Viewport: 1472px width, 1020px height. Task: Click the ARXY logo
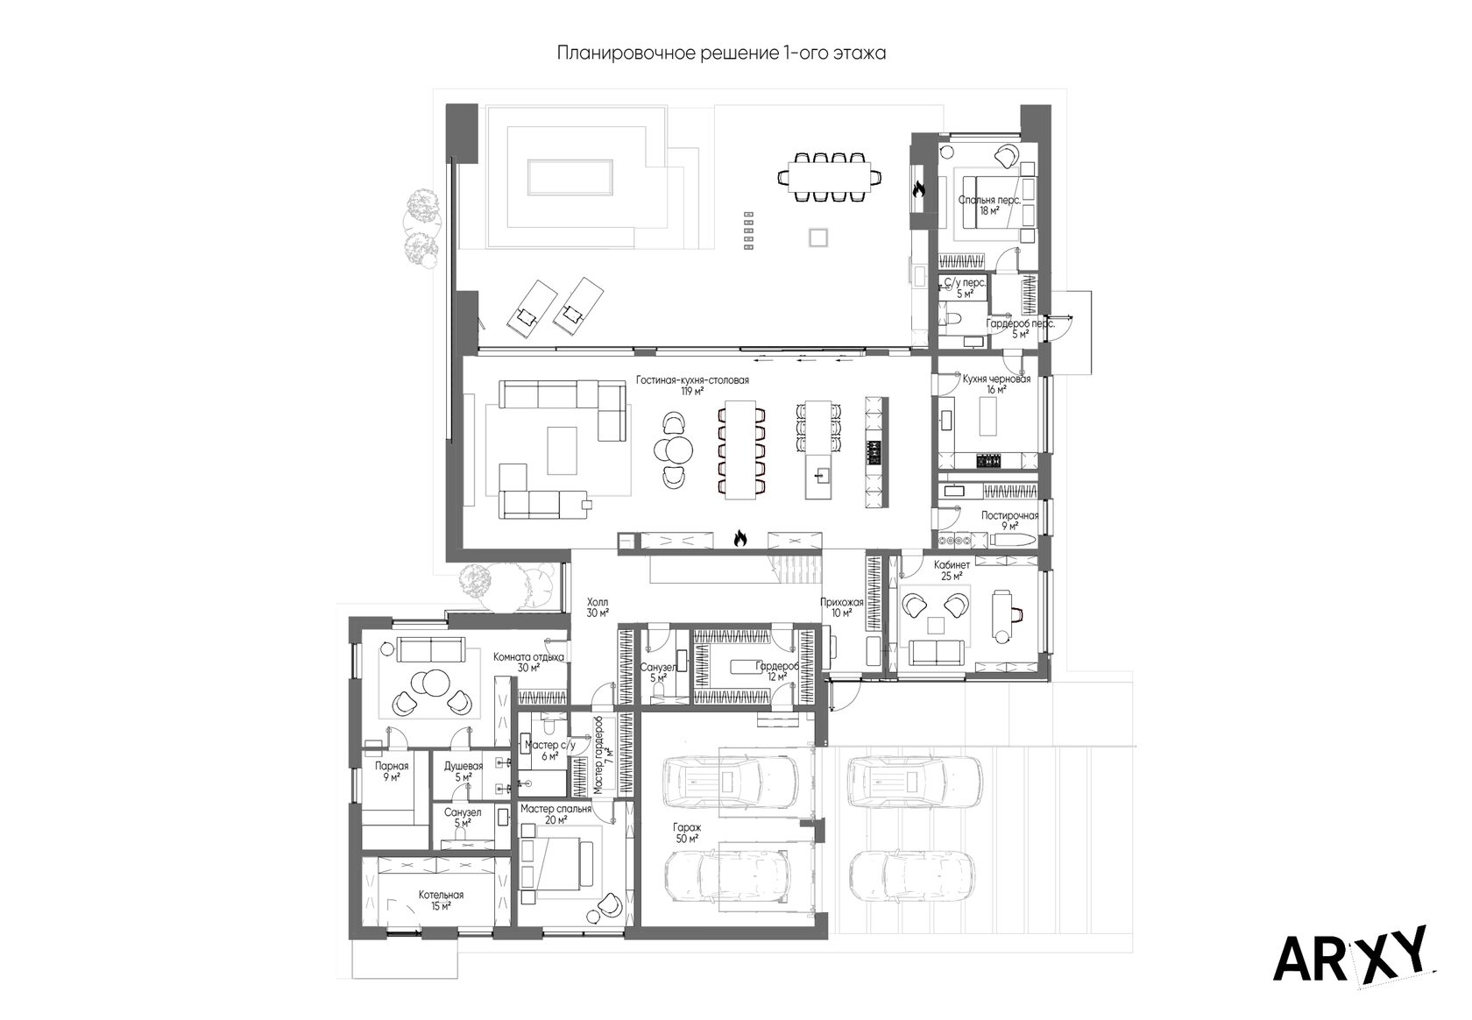click(x=1354, y=955)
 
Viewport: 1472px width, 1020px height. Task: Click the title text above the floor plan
click(x=721, y=53)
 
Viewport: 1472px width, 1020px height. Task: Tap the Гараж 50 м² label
click(x=687, y=833)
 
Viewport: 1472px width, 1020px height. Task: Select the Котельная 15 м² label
click(x=441, y=901)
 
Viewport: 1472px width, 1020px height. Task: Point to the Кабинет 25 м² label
click(x=952, y=570)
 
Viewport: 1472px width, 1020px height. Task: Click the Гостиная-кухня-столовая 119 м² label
click(x=692, y=386)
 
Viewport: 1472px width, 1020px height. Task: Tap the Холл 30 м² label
click(x=598, y=607)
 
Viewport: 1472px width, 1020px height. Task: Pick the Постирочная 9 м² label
click(x=1010, y=521)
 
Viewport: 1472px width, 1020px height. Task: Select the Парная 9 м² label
click(x=392, y=771)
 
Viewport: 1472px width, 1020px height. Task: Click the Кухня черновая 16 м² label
click(x=996, y=384)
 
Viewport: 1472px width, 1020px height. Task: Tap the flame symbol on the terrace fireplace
click(x=918, y=190)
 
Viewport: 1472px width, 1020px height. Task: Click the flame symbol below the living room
click(x=740, y=539)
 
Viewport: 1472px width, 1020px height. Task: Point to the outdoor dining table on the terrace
click(x=830, y=177)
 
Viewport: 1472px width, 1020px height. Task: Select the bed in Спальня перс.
click(x=992, y=202)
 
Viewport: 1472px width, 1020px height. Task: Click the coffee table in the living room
click(x=562, y=450)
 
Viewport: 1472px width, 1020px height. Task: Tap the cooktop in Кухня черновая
click(x=988, y=461)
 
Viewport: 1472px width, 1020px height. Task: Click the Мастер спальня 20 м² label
click(x=556, y=814)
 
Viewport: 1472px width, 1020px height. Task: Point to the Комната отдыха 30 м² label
click(x=529, y=662)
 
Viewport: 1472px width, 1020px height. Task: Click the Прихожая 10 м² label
click(x=842, y=607)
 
